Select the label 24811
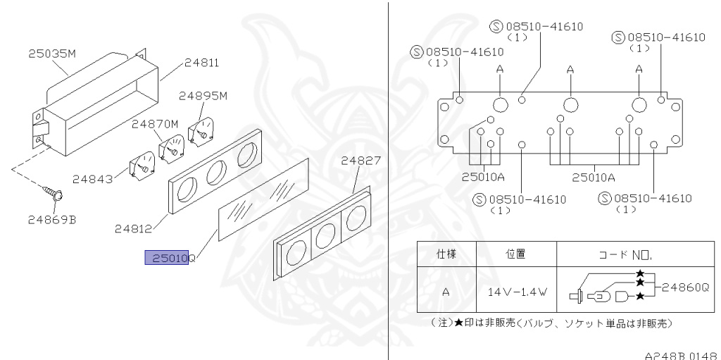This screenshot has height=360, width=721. click(x=202, y=62)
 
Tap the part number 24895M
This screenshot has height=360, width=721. click(x=202, y=96)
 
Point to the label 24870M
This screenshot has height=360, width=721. click(x=154, y=124)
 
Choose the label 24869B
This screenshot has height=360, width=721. click(x=53, y=218)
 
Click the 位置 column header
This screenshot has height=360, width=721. click(x=517, y=254)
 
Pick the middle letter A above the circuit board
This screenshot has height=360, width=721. click(x=570, y=69)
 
